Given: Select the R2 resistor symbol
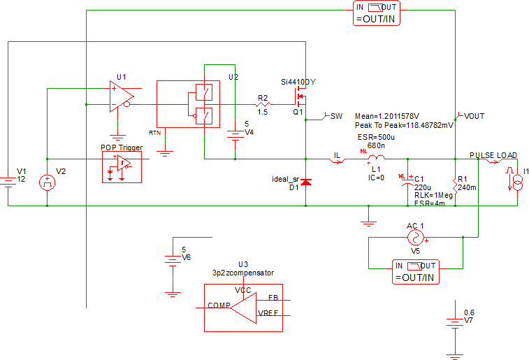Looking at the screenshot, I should click(263, 104).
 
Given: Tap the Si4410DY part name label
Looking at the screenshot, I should click(298, 82).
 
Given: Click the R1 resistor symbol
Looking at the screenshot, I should click(456, 185).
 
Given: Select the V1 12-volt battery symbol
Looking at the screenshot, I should click(8, 181).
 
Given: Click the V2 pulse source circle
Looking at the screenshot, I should click(47, 182).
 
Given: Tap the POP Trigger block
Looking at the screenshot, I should click(121, 166).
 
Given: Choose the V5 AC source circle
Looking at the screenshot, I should click(416, 238).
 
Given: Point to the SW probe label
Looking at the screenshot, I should click(336, 115).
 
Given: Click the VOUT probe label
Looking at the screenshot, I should click(474, 116).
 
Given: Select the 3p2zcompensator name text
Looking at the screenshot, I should click(243, 273).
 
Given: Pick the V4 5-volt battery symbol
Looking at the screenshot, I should click(235, 136).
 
